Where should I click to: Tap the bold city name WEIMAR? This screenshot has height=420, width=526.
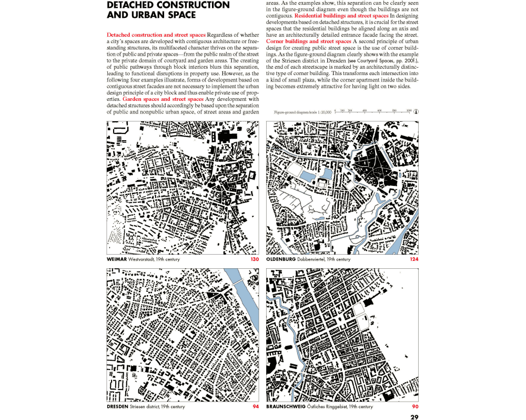117,259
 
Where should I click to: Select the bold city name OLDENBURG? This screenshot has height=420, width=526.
281,259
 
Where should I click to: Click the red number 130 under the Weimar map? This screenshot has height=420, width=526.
255,259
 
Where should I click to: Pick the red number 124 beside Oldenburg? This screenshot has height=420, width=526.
414,259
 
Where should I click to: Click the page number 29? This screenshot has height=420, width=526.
414,417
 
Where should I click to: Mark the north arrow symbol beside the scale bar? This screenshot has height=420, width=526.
417,112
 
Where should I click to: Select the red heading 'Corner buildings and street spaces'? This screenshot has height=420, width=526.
308,41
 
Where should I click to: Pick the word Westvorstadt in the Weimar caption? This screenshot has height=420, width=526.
142,259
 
